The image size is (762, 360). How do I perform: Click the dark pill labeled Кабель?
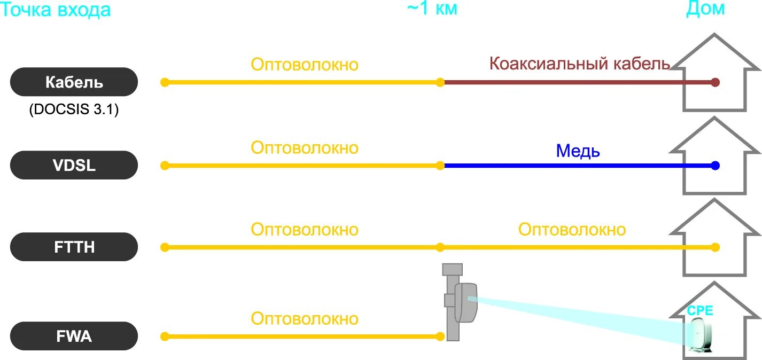click(x=74, y=82)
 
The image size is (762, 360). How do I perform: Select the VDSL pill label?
click(x=74, y=165)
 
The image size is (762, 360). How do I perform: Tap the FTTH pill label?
click(x=74, y=247)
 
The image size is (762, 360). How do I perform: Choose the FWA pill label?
click(x=74, y=336)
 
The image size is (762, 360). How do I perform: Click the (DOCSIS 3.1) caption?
click(x=74, y=110)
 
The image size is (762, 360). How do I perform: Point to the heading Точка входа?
click(x=56, y=10)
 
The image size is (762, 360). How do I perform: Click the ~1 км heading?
click(x=432, y=9)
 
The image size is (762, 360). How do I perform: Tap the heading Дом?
click(x=705, y=9)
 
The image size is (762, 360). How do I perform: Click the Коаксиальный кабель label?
click(x=580, y=64)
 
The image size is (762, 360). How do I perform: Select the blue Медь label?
click(x=578, y=151)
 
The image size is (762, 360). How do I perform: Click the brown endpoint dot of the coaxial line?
click(x=716, y=82)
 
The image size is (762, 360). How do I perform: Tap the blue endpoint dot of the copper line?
click(x=716, y=166)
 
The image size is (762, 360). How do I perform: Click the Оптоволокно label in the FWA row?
click(x=305, y=319)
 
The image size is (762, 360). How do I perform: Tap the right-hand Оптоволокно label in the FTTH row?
click(x=572, y=230)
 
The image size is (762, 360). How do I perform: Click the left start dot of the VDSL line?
click(x=165, y=166)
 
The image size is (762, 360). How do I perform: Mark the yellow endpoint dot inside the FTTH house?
click(x=716, y=247)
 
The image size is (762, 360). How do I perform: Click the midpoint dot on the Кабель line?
click(x=440, y=82)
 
